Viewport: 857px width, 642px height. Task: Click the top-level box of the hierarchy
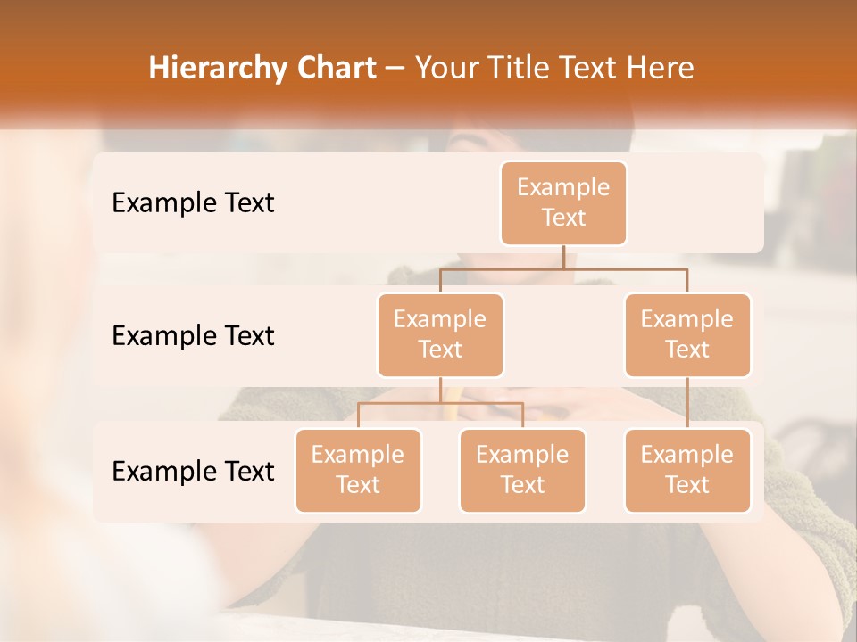point(563,202)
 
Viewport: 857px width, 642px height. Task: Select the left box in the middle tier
point(440,334)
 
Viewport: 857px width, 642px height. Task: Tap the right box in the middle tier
point(687,334)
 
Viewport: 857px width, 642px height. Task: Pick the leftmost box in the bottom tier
point(358,470)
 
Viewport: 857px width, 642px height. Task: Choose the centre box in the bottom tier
point(522,470)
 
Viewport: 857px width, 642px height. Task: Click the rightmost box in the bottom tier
point(687,470)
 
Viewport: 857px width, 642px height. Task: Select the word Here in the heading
point(661,68)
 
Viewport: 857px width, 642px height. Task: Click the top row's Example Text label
point(193,202)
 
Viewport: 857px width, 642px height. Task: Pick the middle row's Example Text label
point(193,335)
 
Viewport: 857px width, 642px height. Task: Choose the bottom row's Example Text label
point(193,471)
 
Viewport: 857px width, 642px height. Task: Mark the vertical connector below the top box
point(563,256)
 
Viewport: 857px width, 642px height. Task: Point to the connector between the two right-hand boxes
point(687,402)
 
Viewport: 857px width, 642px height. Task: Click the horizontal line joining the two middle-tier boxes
point(563,267)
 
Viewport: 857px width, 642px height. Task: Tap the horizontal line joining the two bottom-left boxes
point(440,403)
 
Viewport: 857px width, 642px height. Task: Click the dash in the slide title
point(395,69)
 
